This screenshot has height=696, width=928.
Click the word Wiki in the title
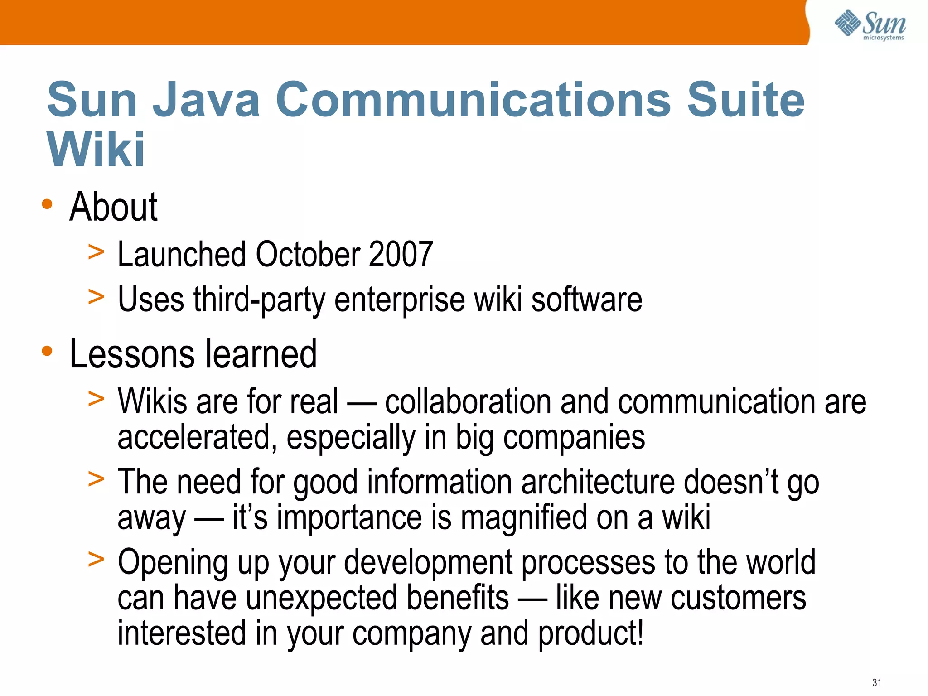[96, 150]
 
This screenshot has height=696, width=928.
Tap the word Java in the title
[206, 99]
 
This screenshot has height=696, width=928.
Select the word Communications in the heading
[473, 99]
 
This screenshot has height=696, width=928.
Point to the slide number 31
[877, 682]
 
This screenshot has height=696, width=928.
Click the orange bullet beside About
[47, 204]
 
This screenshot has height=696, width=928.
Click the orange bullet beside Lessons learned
[47, 351]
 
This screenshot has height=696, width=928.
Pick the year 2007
[401, 254]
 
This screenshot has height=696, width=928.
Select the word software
[587, 300]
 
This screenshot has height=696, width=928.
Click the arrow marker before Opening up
[96, 559]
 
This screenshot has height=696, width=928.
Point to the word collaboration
[468, 401]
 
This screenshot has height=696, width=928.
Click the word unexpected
[322, 598]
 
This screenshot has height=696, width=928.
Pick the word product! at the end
[591, 633]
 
